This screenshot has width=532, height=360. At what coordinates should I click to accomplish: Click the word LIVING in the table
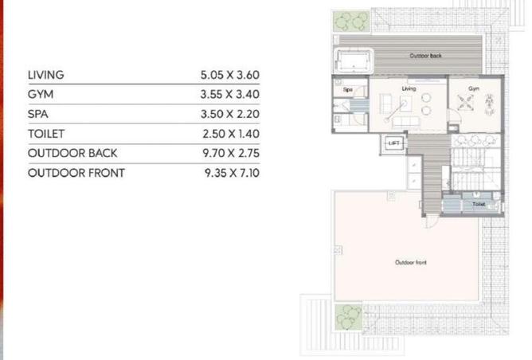[45, 76]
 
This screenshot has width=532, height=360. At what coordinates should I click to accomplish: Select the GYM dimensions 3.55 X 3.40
[230, 95]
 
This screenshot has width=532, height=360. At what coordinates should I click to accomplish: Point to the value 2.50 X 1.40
[230, 134]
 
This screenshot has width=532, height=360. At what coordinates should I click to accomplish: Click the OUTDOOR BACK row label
[72, 153]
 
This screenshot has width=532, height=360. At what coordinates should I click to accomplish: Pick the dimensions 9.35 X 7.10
[230, 172]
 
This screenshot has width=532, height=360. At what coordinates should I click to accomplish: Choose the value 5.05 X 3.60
[230, 76]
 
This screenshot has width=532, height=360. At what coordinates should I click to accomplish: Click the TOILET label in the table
[45, 134]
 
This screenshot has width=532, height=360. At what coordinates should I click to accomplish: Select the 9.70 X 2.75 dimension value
[230, 153]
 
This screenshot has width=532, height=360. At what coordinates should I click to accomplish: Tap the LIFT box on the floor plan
[393, 143]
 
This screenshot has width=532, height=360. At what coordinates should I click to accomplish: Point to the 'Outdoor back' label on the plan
[425, 57]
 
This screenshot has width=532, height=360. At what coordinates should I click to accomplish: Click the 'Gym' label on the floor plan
[473, 89]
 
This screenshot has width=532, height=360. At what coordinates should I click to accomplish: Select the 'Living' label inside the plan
[409, 89]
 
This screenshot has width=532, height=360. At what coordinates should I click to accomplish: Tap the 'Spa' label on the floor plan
[347, 90]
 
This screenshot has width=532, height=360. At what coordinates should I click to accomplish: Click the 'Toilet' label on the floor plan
[478, 204]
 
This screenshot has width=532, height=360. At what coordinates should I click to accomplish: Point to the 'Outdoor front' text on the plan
[409, 261]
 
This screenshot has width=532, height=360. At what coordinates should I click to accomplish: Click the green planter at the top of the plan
[350, 21]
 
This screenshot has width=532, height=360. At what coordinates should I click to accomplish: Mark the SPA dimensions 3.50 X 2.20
[230, 114]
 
